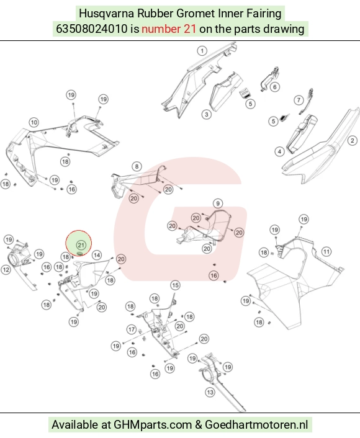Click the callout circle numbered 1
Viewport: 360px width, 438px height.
(202, 51)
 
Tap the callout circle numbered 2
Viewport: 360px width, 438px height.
(352, 140)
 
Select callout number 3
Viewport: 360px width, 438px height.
(207, 114)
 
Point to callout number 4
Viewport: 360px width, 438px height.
(279, 151)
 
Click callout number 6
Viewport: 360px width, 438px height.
(275, 87)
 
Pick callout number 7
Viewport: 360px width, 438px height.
(299, 100)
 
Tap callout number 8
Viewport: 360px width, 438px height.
(137, 167)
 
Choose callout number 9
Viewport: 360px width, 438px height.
(218, 203)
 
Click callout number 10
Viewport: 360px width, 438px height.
(34, 122)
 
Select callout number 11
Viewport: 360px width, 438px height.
(326, 252)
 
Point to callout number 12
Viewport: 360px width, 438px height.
(6, 270)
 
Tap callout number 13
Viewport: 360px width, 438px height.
(210, 392)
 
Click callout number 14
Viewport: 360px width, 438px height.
(97, 255)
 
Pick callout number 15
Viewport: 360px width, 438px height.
(175, 285)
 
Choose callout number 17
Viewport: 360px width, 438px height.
(132, 329)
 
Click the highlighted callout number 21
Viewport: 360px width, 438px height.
(81, 245)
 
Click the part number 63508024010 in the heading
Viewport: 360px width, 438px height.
(92, 29)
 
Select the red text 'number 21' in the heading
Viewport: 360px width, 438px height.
(169, 29)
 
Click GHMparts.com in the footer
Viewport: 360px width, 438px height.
(153, 424)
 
